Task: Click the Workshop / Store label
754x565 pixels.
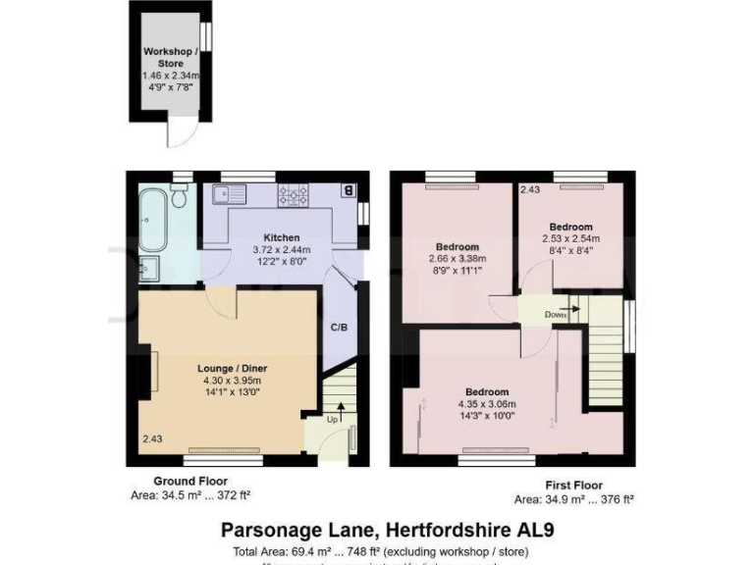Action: [171, 57]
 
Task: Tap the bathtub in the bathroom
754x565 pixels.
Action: [153, 221]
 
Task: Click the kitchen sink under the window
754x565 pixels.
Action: [237, 193]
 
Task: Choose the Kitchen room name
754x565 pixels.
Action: [281, 238]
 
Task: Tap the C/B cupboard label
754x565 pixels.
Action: [338, 327]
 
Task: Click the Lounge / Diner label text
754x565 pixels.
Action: [233, 368]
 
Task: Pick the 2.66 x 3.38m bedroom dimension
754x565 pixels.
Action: [457, 259]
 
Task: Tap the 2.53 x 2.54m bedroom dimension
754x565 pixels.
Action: [570, 238]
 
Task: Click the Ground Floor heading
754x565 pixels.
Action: [190, 482]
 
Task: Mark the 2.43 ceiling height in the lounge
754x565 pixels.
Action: [151, 438]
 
